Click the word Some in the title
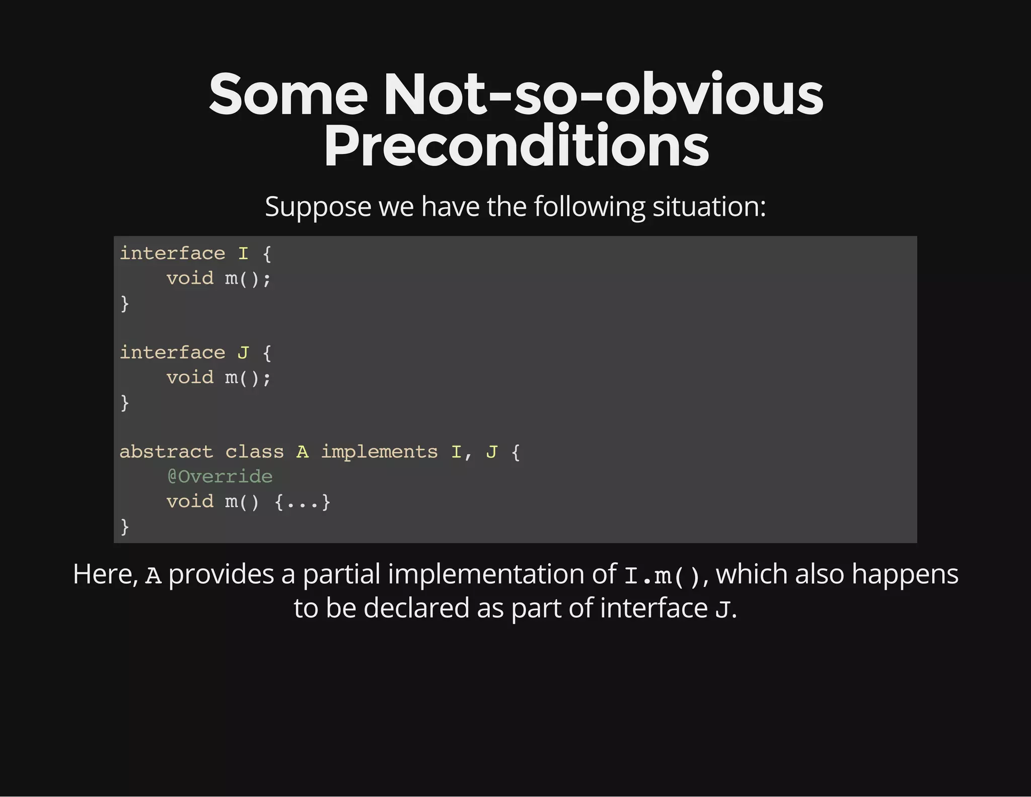click(x=288, y=95)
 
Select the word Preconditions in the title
click(x=516, y=146)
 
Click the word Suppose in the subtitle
click(x=318, y=207)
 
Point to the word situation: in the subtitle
click(x=709, y=207)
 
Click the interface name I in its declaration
click(x=243, y=253)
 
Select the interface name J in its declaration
click(x=243, y=353)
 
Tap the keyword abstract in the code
click(x=166, y=452)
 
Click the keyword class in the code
click(x=254, y=452)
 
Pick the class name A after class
click(x=302, y=452)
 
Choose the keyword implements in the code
click(x=379, y=452)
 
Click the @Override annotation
click(x=219, y=477)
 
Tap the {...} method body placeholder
click(x=302, y=502)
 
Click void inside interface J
click(x=190, y=377)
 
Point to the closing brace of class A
click(x=125, y=527)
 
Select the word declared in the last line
click(x=416, y=608)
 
